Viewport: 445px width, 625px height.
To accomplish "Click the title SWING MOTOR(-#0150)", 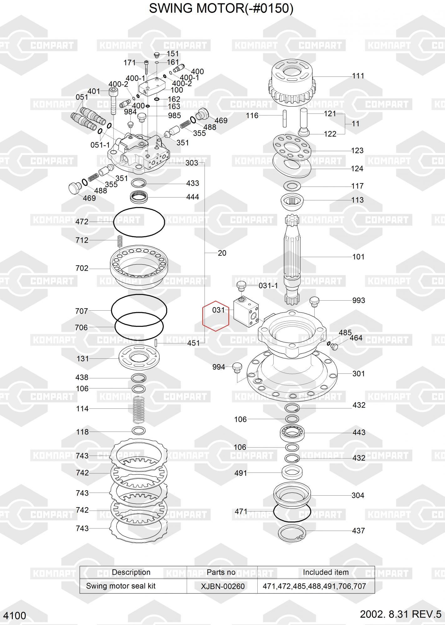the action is tap(221, 8).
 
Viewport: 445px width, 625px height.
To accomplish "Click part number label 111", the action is tap(358, 76).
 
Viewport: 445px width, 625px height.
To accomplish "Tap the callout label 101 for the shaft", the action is tap(358, 257).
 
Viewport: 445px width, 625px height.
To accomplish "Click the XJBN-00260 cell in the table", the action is tap(223, 586).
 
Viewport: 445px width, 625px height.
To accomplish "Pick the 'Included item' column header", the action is tap(326, 572).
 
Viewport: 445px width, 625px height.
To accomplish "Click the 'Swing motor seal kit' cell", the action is tap(121, 586).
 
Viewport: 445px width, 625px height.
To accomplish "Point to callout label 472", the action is tap(82, 222).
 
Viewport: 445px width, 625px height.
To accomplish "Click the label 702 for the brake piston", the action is tap(82, 268).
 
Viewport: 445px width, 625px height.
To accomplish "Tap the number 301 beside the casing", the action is tap(358, 374).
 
